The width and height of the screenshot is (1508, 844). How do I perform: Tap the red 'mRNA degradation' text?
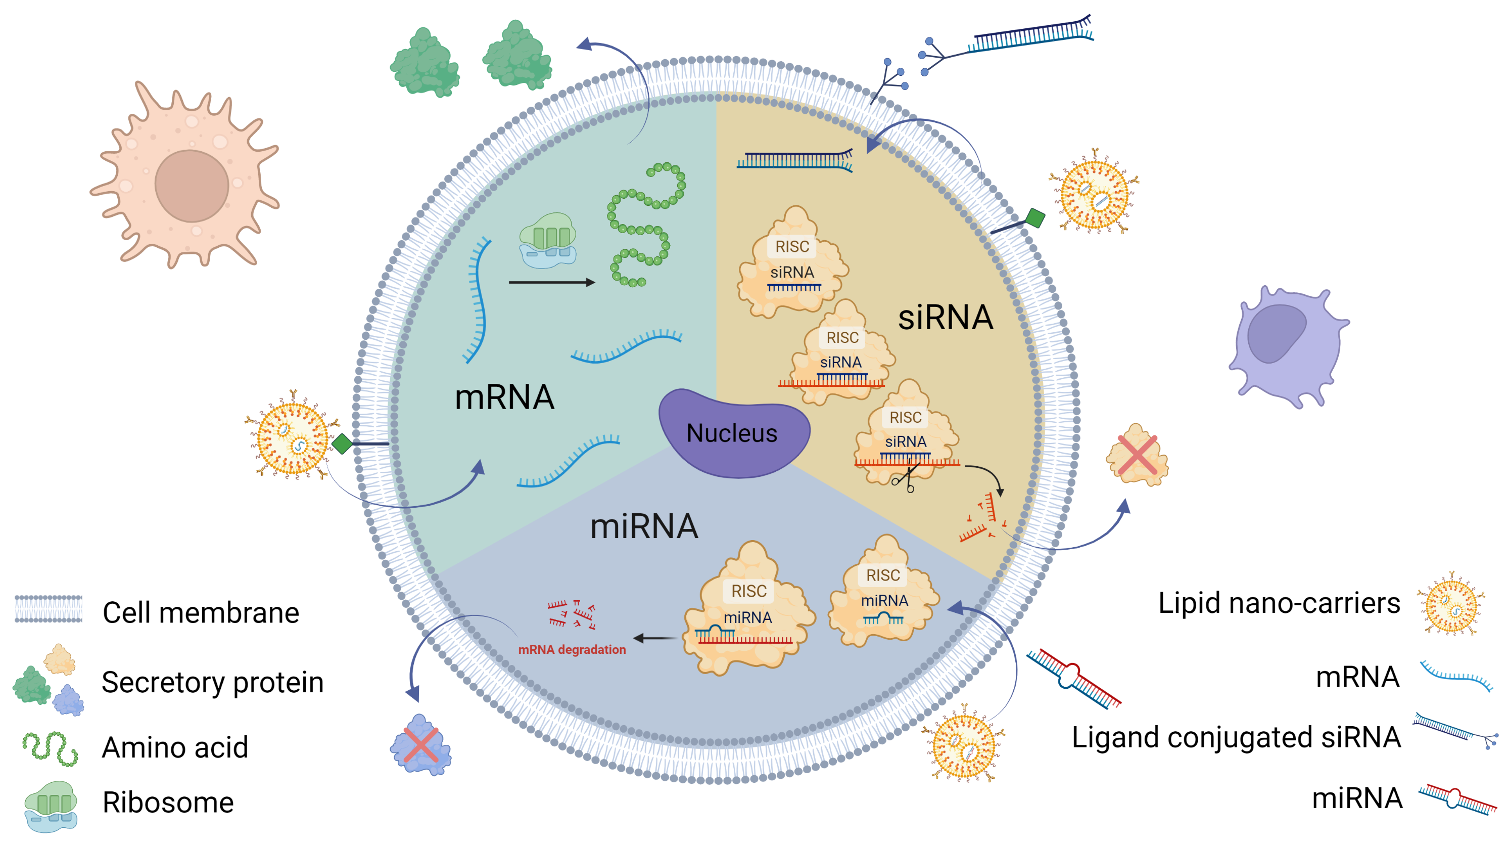pyautogui.click(x=572, y=649)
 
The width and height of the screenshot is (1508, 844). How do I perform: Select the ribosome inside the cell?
pyautogui.click(x=547, y=240)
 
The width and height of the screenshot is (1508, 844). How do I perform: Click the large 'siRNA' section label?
pyautogui.click(x=946, y=318)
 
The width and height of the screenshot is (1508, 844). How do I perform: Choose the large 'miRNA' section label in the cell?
pyautogui.click(x=643, y=526)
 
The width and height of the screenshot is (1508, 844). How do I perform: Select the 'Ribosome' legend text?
pyautogui.click(x=168, y=802)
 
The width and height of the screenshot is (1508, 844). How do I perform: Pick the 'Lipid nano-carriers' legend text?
pyautogui.click(x=1279, y=603)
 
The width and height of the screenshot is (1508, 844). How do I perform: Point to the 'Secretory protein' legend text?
pyautogui.click(x=212, y=682)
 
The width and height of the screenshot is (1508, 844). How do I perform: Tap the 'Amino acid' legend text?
pyautogui.click(x=175, y=747)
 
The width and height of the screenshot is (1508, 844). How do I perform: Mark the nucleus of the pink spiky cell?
pyautogui.click(x=192, y=186)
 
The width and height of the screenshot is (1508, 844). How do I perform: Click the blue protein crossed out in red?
pyautogui.click(x=420, y=745)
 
